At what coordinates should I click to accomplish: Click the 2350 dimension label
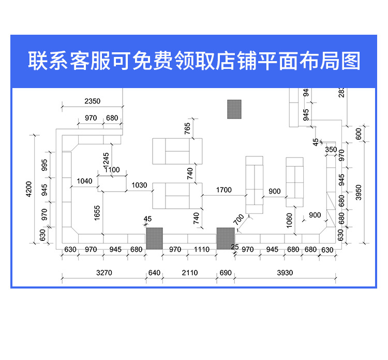[93, 101]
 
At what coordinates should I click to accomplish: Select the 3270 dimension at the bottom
[104, 272]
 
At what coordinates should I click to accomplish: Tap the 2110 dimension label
[190, 272]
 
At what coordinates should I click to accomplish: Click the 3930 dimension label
[285, 272]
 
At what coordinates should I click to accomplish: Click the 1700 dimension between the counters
[223, 190]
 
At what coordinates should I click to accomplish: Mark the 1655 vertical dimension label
[98, 213]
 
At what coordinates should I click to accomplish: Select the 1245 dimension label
[106, 160]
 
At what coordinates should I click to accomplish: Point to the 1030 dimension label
[139, 185]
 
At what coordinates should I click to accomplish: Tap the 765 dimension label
[187, 127]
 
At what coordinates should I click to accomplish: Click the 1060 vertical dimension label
[290, 220]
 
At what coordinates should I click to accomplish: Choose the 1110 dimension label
[202, 250]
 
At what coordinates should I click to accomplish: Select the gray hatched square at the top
[234, 109]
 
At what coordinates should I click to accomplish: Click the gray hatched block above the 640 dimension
[154, 238]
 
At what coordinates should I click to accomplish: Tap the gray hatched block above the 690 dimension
[226, 238]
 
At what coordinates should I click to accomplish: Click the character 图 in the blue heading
[351, 61]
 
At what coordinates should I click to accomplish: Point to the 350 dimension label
[331, 150]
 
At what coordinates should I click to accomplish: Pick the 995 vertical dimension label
[44, 165]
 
